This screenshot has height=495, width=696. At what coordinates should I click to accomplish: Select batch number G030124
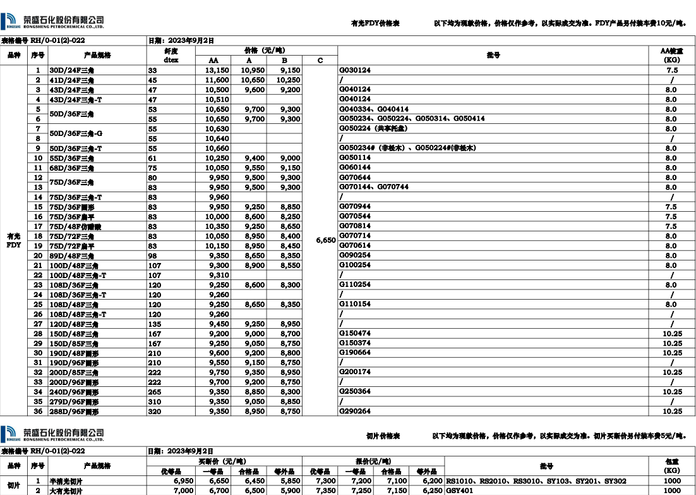pyautogui.click(x=355, y=70)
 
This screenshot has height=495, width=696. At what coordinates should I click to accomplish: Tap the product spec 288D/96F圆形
pyautogui.click(x=74, y=412)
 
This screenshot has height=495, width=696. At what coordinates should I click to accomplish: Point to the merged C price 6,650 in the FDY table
pyautogui.click(x=326, y=240)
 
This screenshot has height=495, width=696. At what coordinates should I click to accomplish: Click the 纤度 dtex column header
pyautogui.click(x=171, y=56)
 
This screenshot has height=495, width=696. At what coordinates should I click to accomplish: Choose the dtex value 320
pyautogui.click(x=155, y=412)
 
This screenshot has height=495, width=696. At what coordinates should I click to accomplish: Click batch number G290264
pyautogui.click(x=355, y=412)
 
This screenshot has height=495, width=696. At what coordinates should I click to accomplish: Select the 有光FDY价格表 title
pyautogui.click(x=375, y=23)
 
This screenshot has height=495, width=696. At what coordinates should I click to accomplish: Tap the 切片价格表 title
pyautogui.click(x=383, y=436)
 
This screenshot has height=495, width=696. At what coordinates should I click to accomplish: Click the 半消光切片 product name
pyautogui.click(x=66, y=481)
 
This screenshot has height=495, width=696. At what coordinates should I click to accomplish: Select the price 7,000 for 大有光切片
pyautogui.click(x=183, y=491)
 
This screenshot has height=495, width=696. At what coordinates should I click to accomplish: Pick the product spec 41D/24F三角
pyautogui.click(x=71, y=80)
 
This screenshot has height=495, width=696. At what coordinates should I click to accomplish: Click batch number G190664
pyautogui.click(x=355, y=353)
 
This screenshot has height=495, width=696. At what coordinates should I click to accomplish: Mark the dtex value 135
pyautogui.click(x=155, y=324)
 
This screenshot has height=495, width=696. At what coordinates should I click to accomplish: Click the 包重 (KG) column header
pyautogui.click(x=672, y=466)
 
